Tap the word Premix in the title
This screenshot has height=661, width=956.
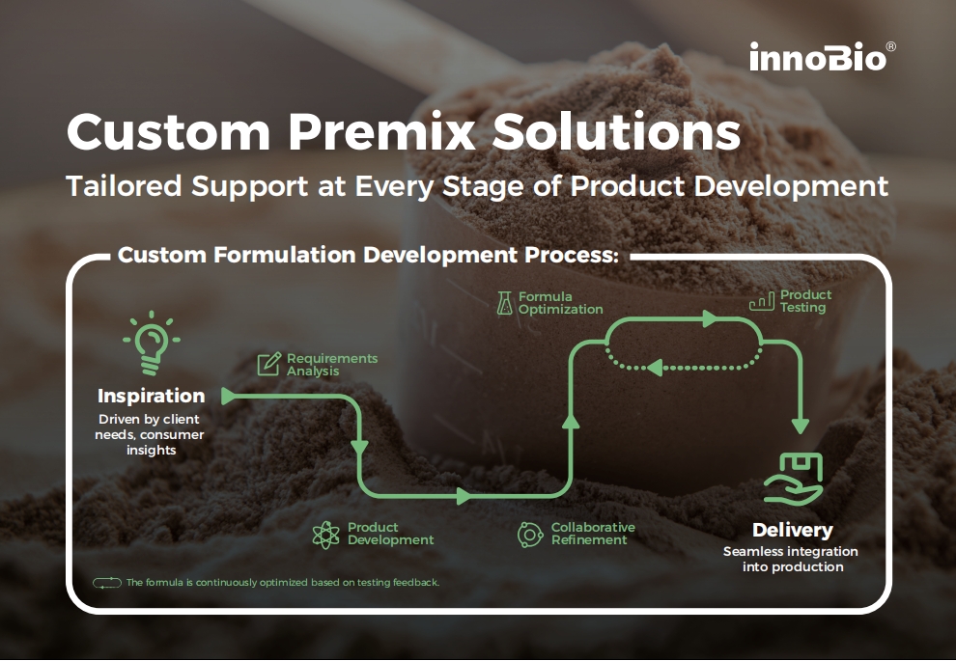(381, 131)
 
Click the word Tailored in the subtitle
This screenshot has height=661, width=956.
(125, 186)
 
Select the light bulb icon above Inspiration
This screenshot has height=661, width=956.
(152, 343)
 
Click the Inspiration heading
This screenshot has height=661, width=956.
(152, 396)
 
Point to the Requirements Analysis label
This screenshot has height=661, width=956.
(332, 365)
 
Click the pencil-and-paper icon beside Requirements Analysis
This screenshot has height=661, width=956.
(268, 365)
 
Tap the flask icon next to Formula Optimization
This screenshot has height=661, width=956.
(504, 303)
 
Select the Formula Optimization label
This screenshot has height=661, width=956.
(560, 303)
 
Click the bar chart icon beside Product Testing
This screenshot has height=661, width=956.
(762, 301)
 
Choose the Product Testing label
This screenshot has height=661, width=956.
(805, 301)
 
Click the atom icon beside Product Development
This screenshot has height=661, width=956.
(325, 535)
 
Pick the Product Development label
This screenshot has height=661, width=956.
(390, 534)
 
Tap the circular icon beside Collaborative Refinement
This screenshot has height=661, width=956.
(530, 535)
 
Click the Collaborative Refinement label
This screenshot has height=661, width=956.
(593, 534)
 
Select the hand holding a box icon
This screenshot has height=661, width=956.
(794, 480)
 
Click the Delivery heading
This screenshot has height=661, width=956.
(793, 530)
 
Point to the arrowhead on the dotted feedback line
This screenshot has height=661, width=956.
(655, 368)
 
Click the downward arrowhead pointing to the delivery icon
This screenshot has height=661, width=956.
(801, 426)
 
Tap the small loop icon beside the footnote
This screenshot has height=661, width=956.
(106, 583)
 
